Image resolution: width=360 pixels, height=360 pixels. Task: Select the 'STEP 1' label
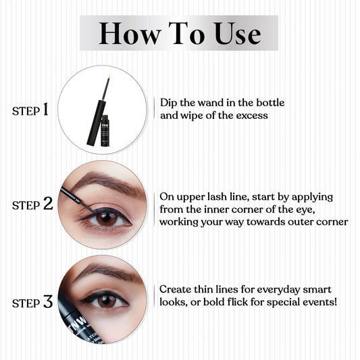(30, 109)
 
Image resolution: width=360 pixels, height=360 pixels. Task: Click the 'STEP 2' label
(32, 205)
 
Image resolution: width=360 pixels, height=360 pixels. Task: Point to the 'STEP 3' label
(32, 302)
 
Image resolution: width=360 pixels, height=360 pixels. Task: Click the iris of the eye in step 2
(107, 217)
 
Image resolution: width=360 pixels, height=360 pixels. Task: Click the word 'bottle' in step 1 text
(267, 103)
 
